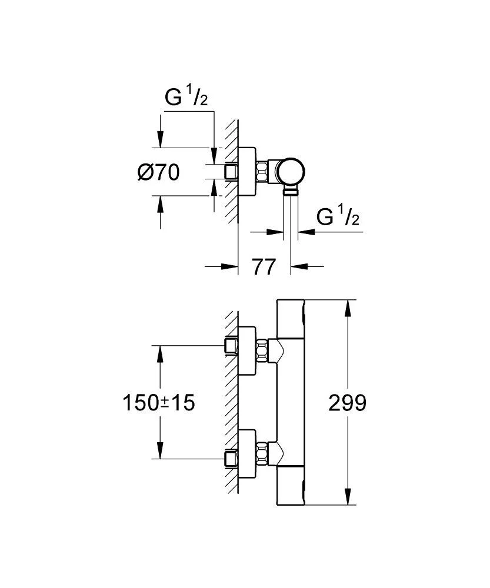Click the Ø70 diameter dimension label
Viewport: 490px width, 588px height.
click(158, 172)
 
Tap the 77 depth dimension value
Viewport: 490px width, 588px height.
click(264, 266)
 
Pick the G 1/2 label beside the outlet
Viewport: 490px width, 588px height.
click(338, 217)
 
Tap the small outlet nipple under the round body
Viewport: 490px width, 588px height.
click(291, 191)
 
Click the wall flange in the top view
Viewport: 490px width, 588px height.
click(246, 172)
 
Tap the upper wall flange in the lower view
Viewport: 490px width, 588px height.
click(246, 352)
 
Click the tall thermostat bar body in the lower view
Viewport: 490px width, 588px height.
click(290, 403)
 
